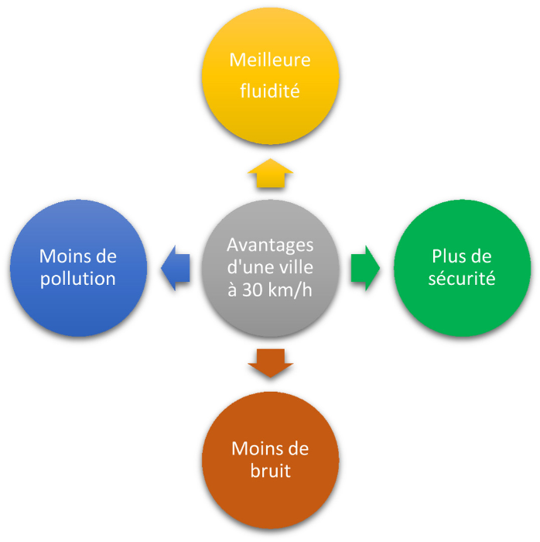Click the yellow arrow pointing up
click(x=270, y=174)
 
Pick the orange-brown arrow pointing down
click(x=270, y=363)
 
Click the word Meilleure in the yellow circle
click(x=270, y=60)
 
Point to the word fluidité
click(x=270, y=91)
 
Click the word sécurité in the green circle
click(x=463, y=279)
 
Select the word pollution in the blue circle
click(x=77, y=279)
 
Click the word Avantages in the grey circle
click(x=270, y=245)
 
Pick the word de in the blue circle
click(x=104, y=257)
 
